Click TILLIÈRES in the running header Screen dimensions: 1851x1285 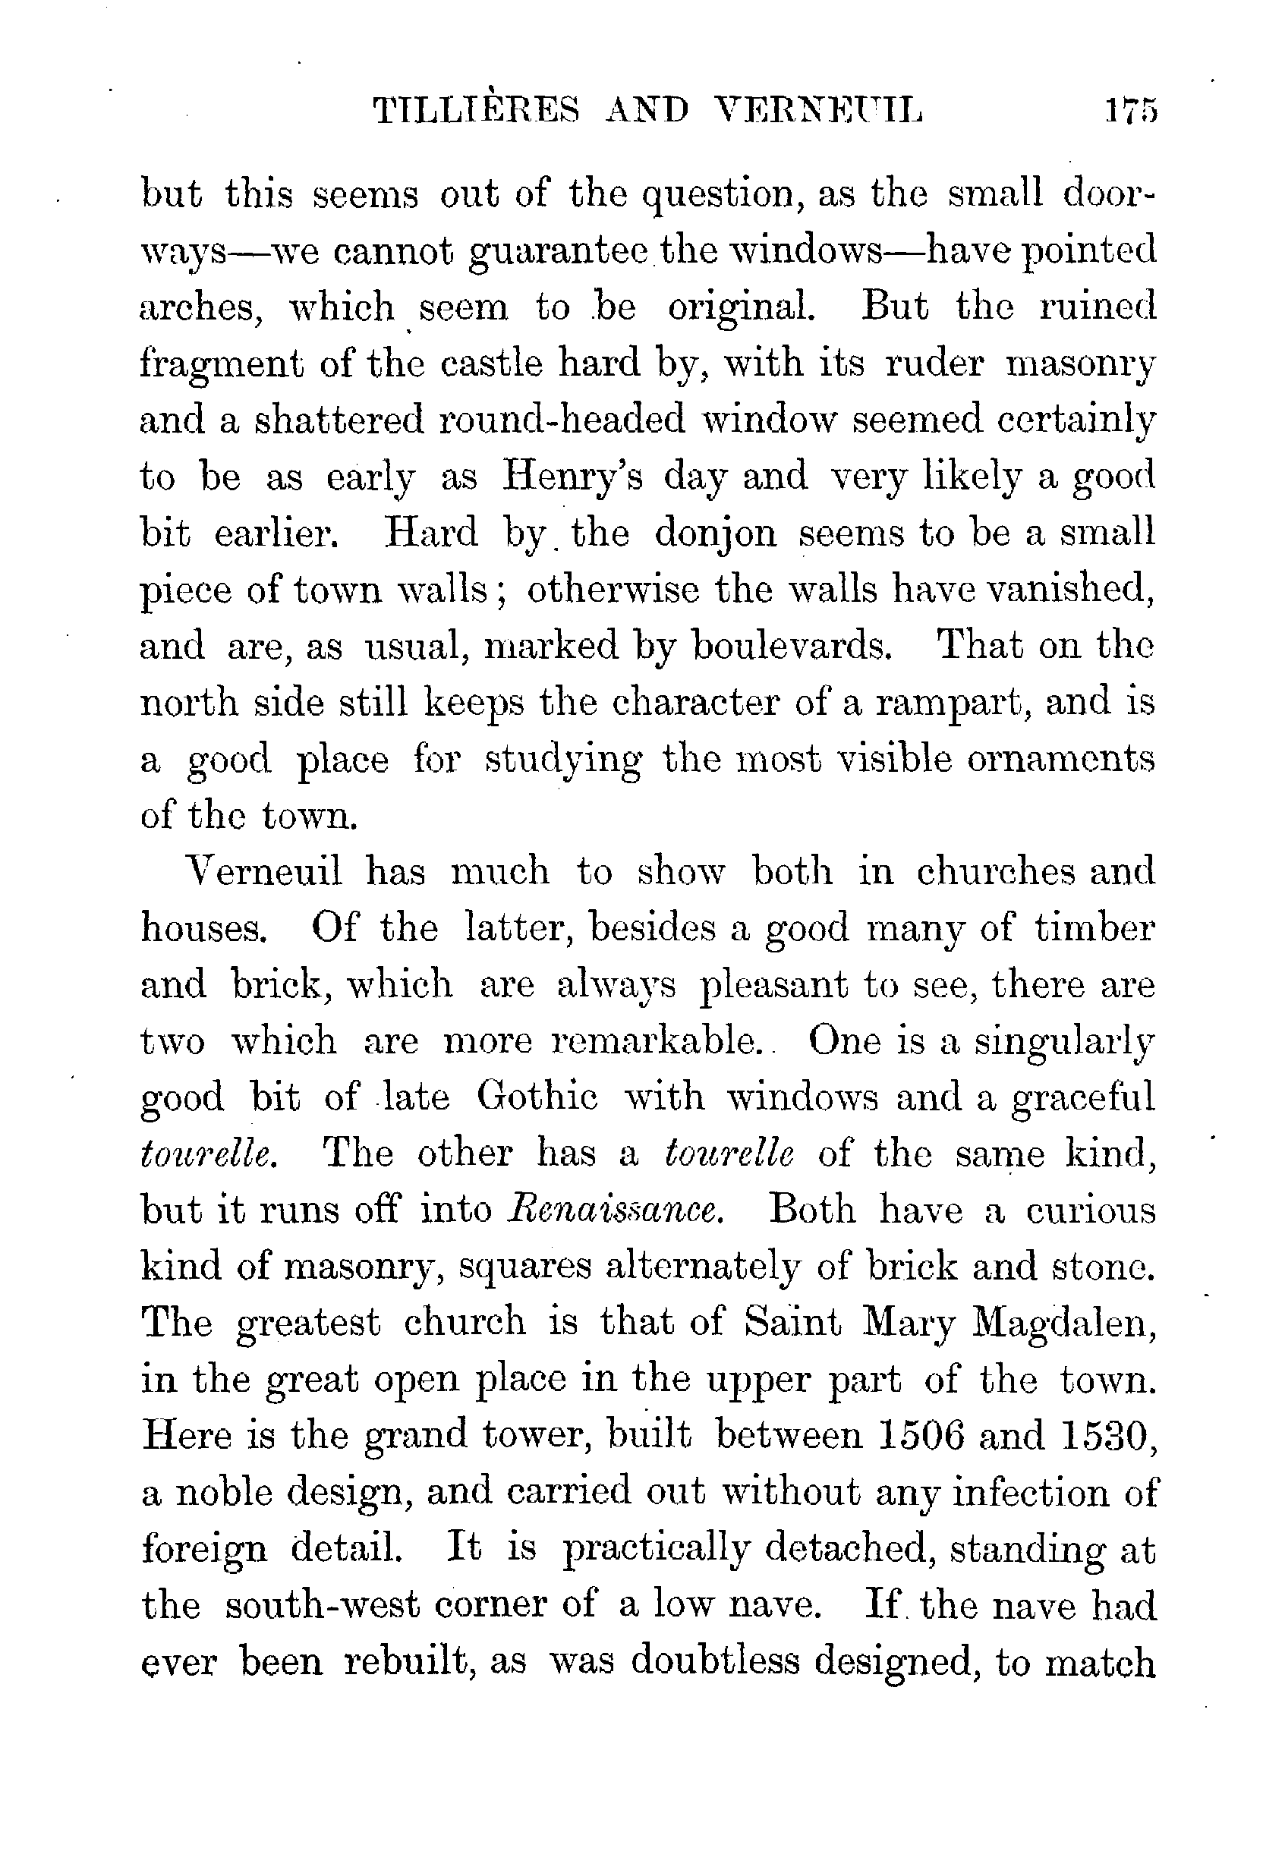477,110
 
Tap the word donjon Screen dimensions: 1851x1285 716,534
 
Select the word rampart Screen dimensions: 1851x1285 949,703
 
